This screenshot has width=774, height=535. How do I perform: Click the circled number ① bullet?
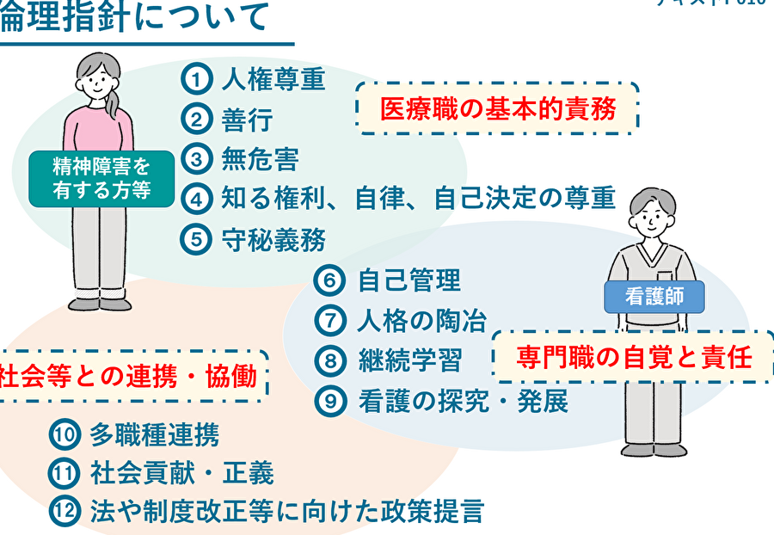point(197,80)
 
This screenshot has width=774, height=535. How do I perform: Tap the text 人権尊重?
point(273,80)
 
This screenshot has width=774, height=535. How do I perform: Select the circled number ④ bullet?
point(197,200)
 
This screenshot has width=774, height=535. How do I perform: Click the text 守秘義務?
point(273,239)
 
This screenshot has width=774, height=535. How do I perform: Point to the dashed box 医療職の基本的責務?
point(497,108)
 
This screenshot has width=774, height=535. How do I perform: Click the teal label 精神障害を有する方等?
point(101,178)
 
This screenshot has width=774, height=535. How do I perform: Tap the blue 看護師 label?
point(654,297)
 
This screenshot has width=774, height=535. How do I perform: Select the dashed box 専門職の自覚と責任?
point(634,357)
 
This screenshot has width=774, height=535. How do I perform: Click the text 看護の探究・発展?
point(463,401)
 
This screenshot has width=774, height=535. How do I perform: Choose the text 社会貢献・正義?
point(181,473)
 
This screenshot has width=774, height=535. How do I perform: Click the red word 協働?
point(233,376)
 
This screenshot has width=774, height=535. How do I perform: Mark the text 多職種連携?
point(154,435)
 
